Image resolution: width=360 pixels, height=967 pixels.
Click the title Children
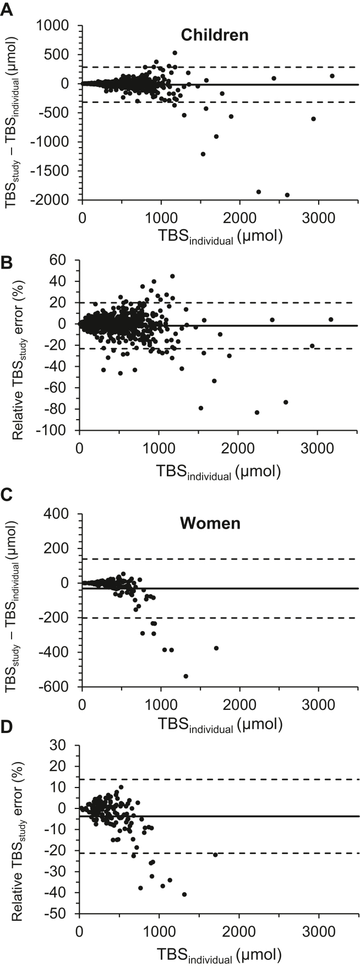coord(215,35)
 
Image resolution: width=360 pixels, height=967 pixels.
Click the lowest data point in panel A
coord(287,195)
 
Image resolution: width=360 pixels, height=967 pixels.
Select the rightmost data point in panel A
coord(332,76)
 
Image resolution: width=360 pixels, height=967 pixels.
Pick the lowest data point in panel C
coord(186,676)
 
